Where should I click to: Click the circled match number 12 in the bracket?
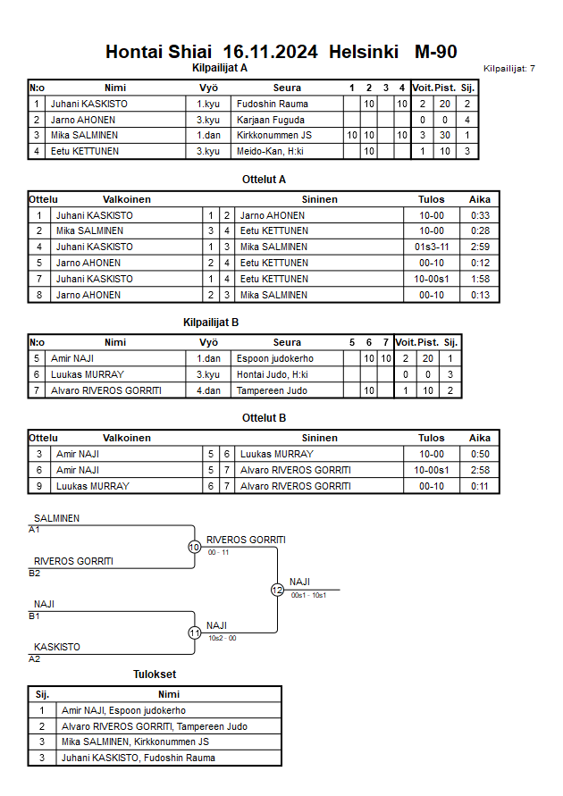click(x=277, y=590)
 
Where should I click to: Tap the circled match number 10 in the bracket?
click(x=194, y=547)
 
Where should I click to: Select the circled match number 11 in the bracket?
click(x=194, y=633)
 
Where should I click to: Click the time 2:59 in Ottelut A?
click(x=480, y=247)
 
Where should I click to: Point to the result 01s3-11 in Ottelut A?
click(x=431, y=247)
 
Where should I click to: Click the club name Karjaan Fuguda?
click(x=271, y=120)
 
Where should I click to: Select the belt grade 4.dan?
click(x=208, y=390)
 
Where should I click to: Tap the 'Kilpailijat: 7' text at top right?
click(x=508, y=68)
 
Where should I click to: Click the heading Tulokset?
click(x=154, y=675)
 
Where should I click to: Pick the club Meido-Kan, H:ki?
click(x=270, y=152)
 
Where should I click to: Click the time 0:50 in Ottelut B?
click(x=480, y=454)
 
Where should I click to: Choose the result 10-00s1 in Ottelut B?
click(x=431, y=470)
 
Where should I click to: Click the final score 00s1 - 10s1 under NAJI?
click(x=308, y=595)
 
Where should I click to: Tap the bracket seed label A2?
click(x=35, y=658)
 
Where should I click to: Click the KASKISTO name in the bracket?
click(x=57, y=647)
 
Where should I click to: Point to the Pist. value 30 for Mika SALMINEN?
click(x=443, y=136)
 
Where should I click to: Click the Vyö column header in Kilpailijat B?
click(x=208, y=342)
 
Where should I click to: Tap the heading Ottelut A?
click(x=264, y=179)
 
